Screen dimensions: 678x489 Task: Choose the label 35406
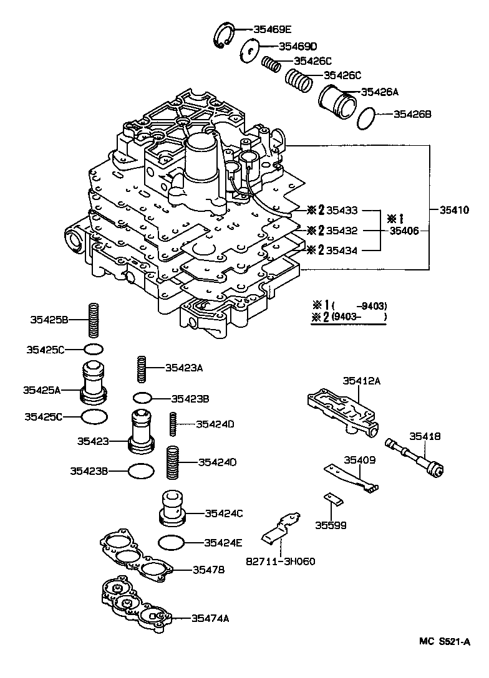click(406, 231)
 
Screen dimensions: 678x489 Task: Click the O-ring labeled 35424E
click(172, 542)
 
